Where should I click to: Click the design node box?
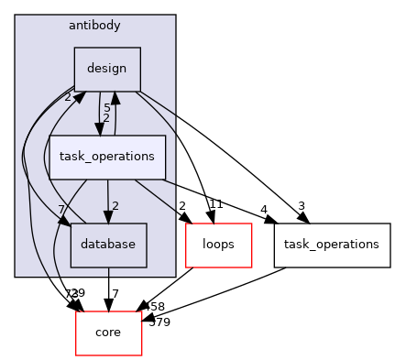[x=106, y=68]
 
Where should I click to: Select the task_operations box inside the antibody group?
[x=106, y=157]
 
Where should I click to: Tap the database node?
[x=108, y=245]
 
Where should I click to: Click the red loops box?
[x=218, y=245]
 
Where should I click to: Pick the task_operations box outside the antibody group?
[x=332, y=245]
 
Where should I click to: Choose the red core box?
[x=108, y=333]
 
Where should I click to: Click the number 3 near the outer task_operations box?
[x=301, y=206]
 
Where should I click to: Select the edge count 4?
[x=264, y=209]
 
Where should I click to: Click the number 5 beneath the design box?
[x=106, y=108]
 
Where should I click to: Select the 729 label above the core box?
[x=75, y=292]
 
